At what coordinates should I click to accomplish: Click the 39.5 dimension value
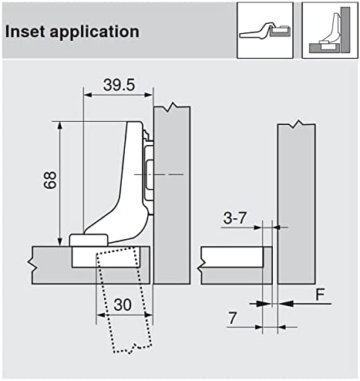[119, 85]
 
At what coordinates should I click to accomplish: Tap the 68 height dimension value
[50, 180]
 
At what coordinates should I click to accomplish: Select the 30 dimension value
[123, 305]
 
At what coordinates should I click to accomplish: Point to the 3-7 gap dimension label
[235, 218]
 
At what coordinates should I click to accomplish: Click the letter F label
[320, 295]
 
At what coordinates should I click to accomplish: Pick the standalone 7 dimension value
[232, 319]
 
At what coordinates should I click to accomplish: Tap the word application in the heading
[94, 32]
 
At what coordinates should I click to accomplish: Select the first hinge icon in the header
[265, 30]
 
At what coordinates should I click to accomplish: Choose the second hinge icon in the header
[330, 30]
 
